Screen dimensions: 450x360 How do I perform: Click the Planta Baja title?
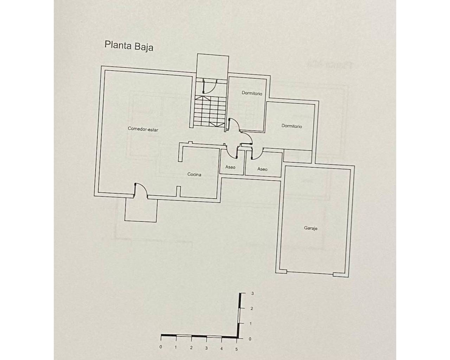tap(129, 46)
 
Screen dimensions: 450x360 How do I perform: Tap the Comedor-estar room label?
tap(143, 129)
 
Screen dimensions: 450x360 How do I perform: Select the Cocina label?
tap(194, 174)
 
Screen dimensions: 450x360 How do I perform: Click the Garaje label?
tap(310, 228)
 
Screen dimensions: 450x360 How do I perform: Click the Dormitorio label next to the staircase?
tap(252, 93)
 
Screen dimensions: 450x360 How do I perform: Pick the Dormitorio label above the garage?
tap(292, 126)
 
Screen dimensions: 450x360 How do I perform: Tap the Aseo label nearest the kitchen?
tap(230, 167)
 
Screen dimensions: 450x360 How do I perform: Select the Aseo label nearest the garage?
tap(262, 169)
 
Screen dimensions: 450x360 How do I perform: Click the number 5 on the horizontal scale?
tap(236, 349)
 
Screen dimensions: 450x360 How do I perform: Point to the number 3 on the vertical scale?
tap(252, 294)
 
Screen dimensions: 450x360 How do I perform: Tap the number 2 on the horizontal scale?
tap(191, 348)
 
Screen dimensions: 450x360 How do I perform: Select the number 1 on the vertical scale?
tap(251, 323)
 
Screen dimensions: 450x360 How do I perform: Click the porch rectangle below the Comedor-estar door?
tap(141, 210)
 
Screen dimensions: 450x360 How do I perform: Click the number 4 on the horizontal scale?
tap(221, 348)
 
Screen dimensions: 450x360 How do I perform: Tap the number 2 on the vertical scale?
tap(252, 309)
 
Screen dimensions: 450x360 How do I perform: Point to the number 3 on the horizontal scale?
tap(206, 348)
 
